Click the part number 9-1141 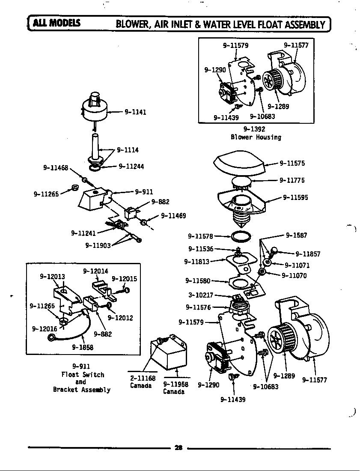coord(136,112)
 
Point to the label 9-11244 coord(131,166)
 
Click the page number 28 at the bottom coord(179,448)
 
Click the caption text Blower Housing coord(256,137)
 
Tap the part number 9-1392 coord(254,129)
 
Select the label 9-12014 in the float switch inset coord(95,271)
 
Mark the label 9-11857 coord(308,254)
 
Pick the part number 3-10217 coord(201,295)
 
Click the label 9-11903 coord(98,245)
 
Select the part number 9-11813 coord(197,262)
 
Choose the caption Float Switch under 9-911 coord(83,375)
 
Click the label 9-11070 coord(294,275)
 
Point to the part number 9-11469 coord(173,216)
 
